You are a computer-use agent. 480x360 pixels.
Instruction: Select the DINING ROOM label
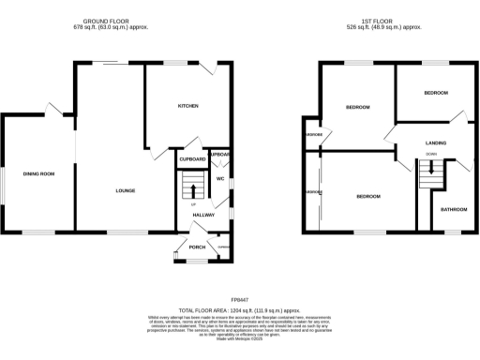tap(39, 174)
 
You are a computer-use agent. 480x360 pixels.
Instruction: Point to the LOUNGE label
tap(126, 190)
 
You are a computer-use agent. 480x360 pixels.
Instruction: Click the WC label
tap(218, 177)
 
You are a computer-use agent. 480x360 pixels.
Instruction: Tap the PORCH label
tap(197, 247)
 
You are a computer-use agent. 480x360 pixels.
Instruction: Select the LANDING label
tap(436, 142)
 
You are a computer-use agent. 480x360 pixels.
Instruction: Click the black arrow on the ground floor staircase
tap(194, 189)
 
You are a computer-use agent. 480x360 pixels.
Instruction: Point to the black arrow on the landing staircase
tap(431, 169)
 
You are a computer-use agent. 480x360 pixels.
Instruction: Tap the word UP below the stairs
tap(194, 203)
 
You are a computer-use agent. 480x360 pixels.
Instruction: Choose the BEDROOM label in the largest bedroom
tap(368, 196)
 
